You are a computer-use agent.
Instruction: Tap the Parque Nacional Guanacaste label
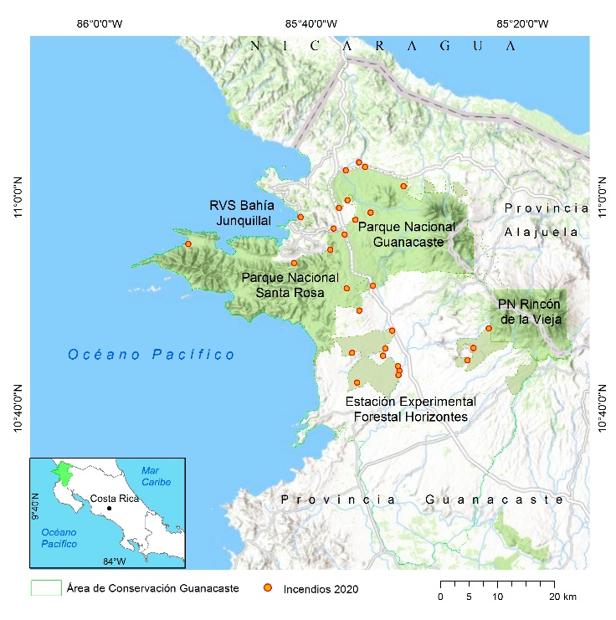click(x=407, y=233)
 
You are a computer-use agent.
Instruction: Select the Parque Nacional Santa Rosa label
click(x=290, y=284)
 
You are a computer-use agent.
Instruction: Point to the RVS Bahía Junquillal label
click(x=241, y=213)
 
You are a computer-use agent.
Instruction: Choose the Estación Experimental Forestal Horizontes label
click(x=411, y=408)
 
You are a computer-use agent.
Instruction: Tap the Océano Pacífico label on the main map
click(x=151, y=355)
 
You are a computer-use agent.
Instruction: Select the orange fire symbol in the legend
click(x=268, y=589)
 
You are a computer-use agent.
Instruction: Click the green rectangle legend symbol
click(x=46, y=588)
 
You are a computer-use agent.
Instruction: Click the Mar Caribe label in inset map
click(x=155, y=477)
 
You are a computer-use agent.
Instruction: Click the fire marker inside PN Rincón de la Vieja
click(x=489, y=328)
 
